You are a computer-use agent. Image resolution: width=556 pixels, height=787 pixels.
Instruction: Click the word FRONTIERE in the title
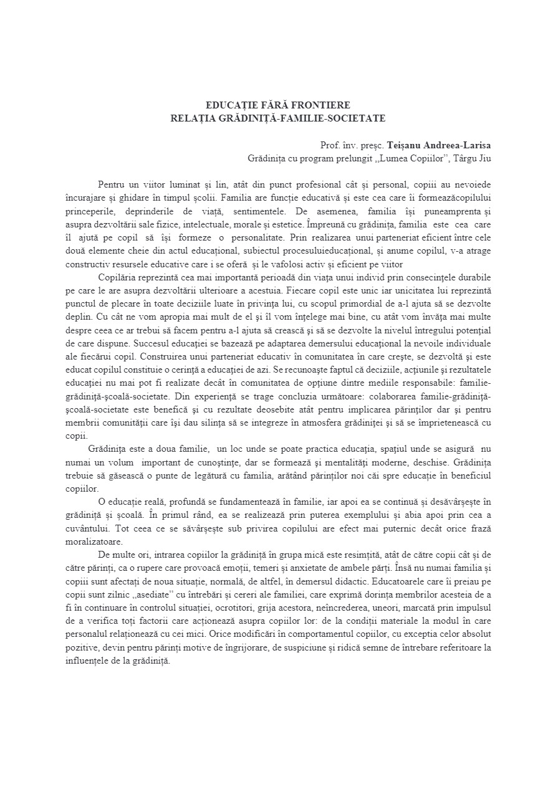tap(319, 105)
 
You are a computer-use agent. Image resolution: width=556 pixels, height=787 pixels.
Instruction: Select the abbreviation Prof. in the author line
tap(329, 146)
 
